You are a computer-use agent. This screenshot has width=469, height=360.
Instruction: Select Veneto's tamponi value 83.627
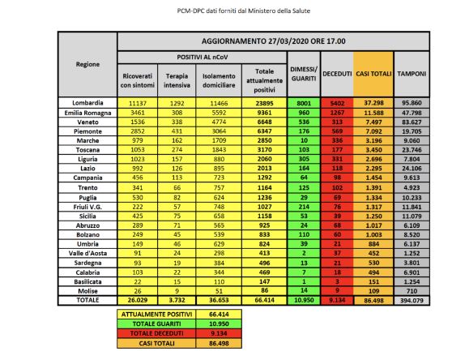point(412,122)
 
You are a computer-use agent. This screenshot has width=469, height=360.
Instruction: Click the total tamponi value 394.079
point(412,299)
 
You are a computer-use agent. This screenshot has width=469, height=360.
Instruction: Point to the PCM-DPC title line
point(234,11)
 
